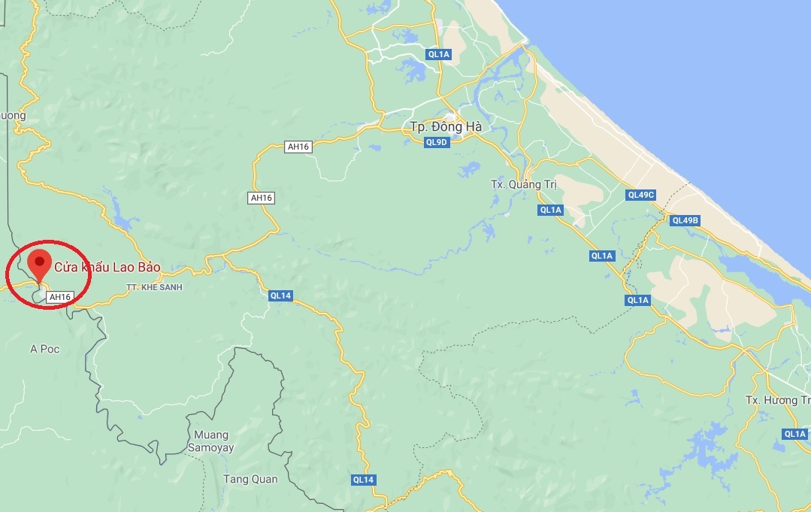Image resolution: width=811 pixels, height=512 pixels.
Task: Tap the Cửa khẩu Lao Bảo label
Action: point(107,267)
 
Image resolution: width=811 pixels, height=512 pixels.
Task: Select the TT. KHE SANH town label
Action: point(155,287)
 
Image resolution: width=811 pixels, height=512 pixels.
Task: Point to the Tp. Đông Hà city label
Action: point(446,126)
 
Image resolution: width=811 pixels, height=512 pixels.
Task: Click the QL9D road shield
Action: point(437,142)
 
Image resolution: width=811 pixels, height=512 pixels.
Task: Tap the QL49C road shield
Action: point(641,195)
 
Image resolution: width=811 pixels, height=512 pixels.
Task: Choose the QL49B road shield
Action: point(685,220)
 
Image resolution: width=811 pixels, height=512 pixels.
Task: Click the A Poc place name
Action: point(44,349)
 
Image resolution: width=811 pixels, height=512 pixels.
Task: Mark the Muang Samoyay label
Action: point(213,441)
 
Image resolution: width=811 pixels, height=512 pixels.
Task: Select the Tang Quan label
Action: point(250,479)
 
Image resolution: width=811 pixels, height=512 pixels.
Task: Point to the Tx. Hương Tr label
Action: point(778,399)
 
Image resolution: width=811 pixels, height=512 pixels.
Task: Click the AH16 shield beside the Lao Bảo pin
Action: point(59,297)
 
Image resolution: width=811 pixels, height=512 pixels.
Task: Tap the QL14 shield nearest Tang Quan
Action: point(362,480)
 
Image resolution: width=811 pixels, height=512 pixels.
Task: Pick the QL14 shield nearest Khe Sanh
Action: point(280,295)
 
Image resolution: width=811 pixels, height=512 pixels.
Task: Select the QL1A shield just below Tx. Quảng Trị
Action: point(550,210)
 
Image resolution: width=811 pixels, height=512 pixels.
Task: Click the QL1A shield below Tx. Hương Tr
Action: point(794,434)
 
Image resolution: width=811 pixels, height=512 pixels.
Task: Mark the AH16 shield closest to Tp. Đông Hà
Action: point(298,147)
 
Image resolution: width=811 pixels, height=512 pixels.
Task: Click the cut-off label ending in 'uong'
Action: point(13,116)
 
